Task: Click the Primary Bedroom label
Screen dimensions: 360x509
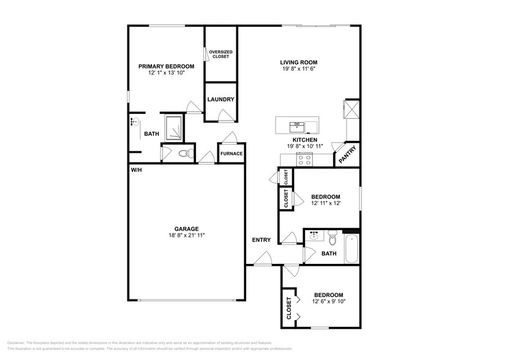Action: (x=166, y=66)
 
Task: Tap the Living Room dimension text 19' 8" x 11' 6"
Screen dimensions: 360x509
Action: (x=298, y=70)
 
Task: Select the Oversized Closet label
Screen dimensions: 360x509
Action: (x=221, y=54)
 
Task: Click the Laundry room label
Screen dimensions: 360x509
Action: (x=221, y=99)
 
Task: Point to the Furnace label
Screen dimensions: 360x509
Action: (x=232, y=154)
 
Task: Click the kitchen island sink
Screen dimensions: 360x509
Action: (x=298, y=126)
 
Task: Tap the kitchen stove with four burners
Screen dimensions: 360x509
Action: (x=304, y=160)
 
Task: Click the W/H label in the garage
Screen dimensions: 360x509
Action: (x=135, y=170)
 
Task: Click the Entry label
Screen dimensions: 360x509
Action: (x=262, y=240)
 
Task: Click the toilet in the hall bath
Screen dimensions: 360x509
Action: (x=332, y=236)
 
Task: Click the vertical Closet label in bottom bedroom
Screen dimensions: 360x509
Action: (x=288, y=309)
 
